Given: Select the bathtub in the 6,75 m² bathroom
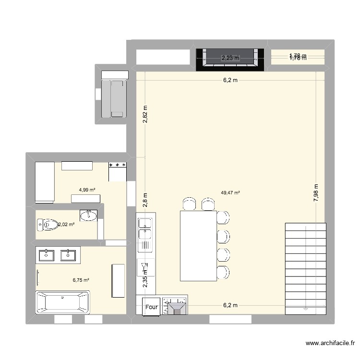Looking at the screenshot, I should (62, 302).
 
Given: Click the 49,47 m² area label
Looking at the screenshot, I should (230, 193).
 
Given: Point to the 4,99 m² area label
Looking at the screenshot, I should (87, 190).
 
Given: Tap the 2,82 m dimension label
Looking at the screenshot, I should (145, 114).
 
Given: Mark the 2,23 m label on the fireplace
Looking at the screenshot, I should (229, 58).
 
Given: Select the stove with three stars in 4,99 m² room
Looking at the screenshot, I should (118, 171).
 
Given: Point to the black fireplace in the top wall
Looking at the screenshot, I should (229, 60).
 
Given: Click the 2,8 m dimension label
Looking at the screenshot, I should (145, 198).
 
